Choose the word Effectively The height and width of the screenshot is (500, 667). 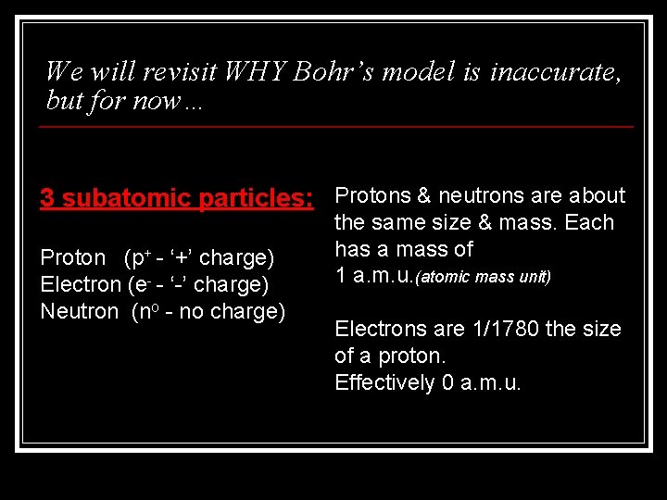click(380, 382)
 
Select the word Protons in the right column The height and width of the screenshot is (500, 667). click(370, 195)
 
